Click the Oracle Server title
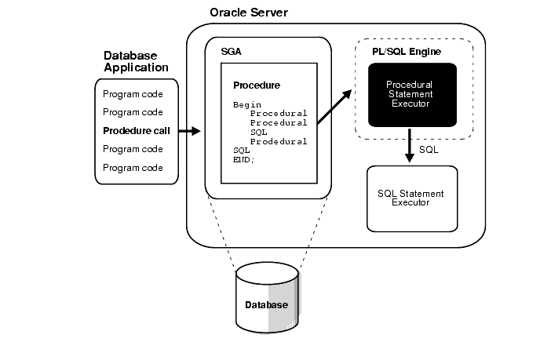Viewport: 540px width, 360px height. pos(249,13)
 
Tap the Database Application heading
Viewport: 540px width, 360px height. pos(131,63)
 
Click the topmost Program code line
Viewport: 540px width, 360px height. pos(133,94)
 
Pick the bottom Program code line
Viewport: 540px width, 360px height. pos(133,168)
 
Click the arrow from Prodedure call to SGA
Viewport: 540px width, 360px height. pos(190,131)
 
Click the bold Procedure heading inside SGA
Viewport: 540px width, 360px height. pos(257,85)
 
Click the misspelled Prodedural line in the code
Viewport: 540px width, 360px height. pos(279,141)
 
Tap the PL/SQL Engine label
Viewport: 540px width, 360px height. pos(407,51)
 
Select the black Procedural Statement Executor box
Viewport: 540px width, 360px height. pos(412,94)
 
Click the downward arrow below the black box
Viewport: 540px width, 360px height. pos(409,147)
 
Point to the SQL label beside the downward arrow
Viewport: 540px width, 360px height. pos(429,148)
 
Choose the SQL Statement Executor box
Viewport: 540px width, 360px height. pos(410,198)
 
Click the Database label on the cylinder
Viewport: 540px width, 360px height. pos(266,305)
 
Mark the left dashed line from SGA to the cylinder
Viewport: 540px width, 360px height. pos(222,233)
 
